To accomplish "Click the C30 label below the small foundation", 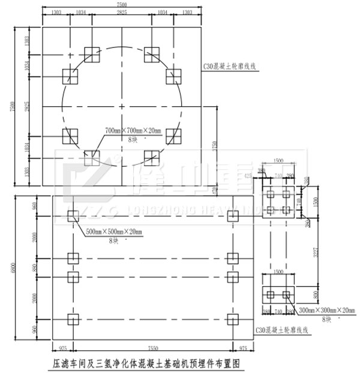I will coord(281,330).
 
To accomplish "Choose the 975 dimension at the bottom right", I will coord(242,347).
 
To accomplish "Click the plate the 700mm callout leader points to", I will coord(92,157).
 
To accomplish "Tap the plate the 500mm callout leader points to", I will coord(73,216).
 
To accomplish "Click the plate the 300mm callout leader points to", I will coord(286,294).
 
